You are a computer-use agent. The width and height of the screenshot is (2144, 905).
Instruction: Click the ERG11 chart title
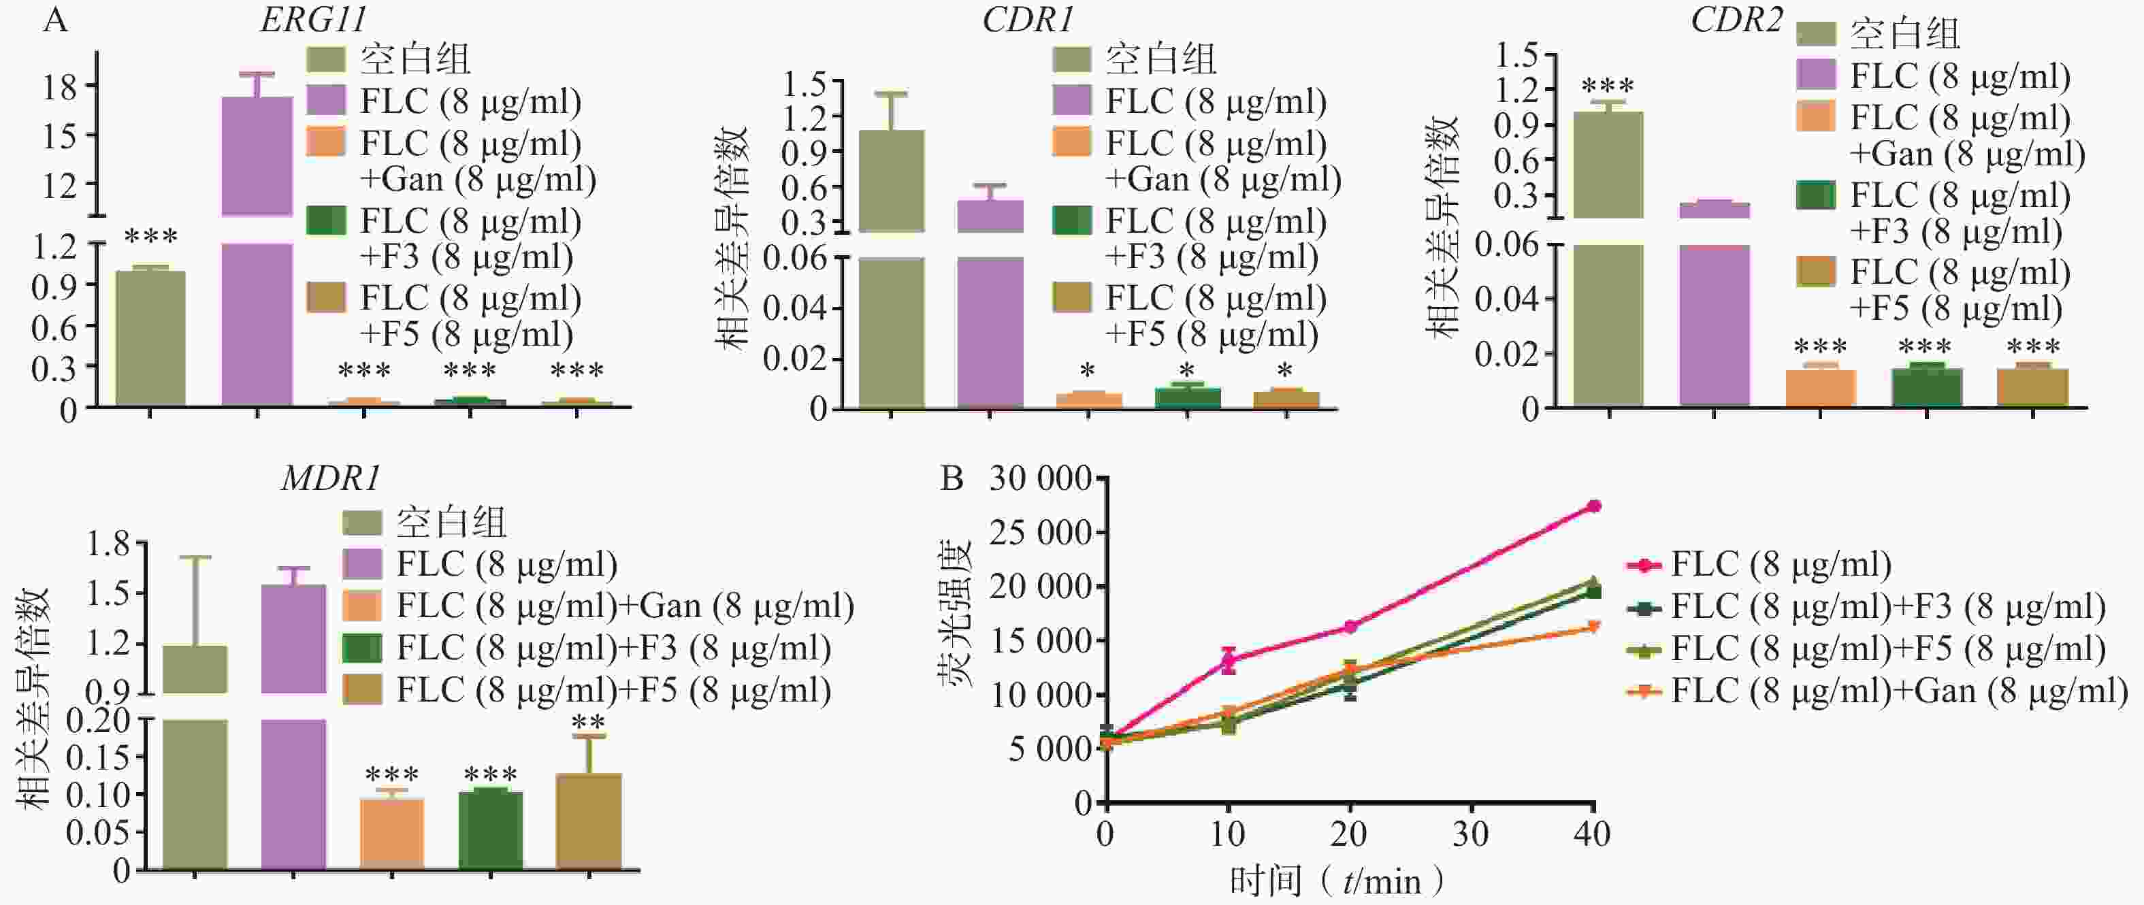click(x=313, y=20)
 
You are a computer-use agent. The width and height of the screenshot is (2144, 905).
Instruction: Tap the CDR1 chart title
click(x=1028, y=20)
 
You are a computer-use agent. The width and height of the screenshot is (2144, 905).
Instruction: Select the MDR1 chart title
click(x=330, y=478)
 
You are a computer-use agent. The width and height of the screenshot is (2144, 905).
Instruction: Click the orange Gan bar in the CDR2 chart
click(x=1820, y=388)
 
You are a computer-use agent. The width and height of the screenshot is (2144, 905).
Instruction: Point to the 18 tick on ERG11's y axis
click(x=59, y=86)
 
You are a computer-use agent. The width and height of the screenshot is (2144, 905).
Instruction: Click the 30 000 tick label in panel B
click(x=1041, y=478)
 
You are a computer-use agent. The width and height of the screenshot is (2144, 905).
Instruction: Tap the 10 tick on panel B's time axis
click(x=1228, y=834)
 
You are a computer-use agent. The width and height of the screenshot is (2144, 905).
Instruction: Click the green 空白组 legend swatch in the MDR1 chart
click(x=362, y=523)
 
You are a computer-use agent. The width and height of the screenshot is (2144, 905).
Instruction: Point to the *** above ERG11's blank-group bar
click(x=150, y=237)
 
